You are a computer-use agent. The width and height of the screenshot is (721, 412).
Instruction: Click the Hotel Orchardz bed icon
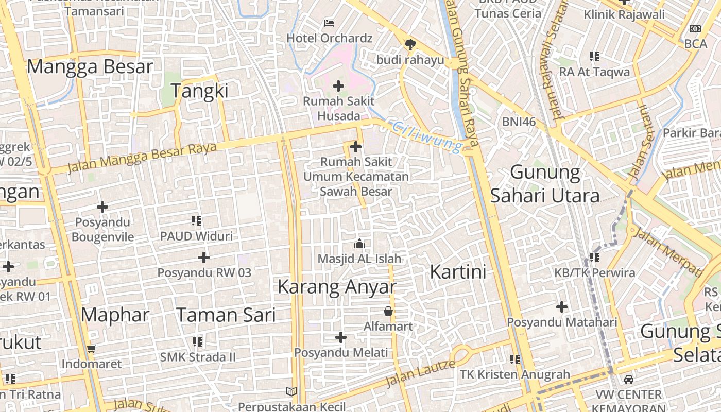pyautogui.click(x=329, y=23)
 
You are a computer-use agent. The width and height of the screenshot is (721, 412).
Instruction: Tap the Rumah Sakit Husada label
pyautogui.click(x=338, y=108)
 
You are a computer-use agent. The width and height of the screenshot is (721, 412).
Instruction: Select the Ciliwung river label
pyautogui.click(x=427, y=137)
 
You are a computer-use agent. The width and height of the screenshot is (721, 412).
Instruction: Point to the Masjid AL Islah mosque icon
pyautogui.click(x=359, y=243)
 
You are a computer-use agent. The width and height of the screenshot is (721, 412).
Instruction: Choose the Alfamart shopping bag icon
pyautogui.click(x=388, y=311)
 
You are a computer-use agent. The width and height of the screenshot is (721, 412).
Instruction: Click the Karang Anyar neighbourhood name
pyautogui.click(x=337, y=287)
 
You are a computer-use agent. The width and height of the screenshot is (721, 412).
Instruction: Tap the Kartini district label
pyautogui.click(x=458, y=271)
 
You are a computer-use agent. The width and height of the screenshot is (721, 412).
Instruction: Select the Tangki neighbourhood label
pyautogui.click(x=199, y=91)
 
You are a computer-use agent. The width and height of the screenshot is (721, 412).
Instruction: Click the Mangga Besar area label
pyautogui.click(x=90, y=66)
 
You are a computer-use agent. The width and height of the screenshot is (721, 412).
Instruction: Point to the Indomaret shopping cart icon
pyautogui.click(x=92, y=349)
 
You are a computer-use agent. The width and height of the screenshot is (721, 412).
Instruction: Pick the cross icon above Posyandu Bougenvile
pyautogui.click(x=102, y=207)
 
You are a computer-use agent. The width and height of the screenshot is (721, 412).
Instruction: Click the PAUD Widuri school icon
pyautogui.click(x=196, y=221)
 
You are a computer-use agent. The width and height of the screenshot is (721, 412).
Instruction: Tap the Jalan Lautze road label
pyautogui.click(x=420, y=373)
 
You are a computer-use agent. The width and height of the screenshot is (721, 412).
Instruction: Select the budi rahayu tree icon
pyautogui.click(x=410, y=45)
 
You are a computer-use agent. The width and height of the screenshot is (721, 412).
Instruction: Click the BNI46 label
pyautogui.click(x=519, y=122)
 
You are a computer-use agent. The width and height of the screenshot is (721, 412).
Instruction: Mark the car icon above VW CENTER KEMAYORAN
pyautogui.click(x=628, y=380)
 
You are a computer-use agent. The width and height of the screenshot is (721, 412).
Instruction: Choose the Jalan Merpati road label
pyautogui.click(x=667, y=251)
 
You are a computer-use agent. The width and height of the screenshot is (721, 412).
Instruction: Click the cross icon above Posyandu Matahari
pyautogui.click(x=562, y=307)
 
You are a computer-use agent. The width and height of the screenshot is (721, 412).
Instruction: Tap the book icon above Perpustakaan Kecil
pyautogui.click(x=291, y=391)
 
